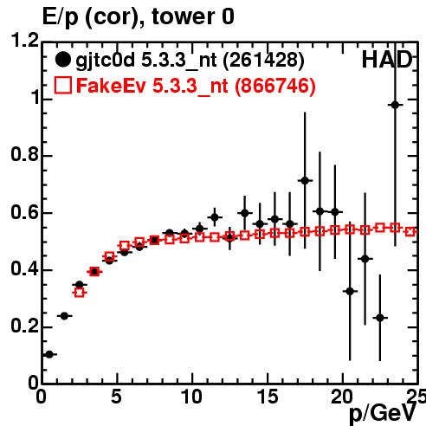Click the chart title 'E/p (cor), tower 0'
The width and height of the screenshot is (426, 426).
click(x=138, y=17)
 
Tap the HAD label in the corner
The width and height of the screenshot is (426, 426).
click(x=387, y=60)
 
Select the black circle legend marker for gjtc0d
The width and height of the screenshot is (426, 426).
click(x=62, y=60)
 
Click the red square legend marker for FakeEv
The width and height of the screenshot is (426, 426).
click(x=62, y=86)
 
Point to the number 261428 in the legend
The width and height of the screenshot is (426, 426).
click(x=263, y=60)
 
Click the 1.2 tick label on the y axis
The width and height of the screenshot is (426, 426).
click(x=25, y=41)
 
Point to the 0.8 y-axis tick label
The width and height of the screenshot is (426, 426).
click(x=25, y=154)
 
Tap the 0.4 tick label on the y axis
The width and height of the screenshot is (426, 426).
click(x=25, y=269)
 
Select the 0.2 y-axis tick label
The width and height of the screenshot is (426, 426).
click(x=25, y=326)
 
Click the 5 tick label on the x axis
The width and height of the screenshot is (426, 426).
click(x=116, y=397)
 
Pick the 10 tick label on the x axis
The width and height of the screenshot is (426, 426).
click(x=191, y=397)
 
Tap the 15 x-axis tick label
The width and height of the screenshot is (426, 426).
click(x=268, y=397)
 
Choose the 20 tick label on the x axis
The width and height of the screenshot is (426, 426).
click(x=342, y=397)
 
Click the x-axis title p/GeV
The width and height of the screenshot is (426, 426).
click(x=383, y=414)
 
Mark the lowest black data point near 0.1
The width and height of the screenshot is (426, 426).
click(x=49, y=354)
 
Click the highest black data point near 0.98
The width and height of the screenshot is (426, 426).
click(x=395, y=105)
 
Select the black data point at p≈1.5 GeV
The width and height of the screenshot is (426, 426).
click(x=64, y=316)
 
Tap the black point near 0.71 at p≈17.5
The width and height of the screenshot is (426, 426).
click(x=305, y=181)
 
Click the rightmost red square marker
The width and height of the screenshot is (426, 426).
click(x=410, y=231)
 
